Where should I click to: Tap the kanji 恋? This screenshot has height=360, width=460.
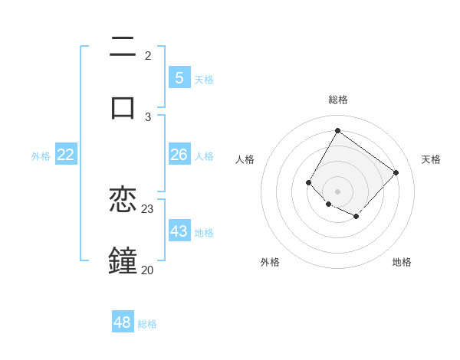tap(123, 201)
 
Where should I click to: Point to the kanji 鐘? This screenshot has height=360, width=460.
tap(123, 259)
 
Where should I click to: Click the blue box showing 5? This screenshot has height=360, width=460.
tap(179, 77)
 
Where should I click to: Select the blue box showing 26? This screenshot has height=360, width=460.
tap(179, 155)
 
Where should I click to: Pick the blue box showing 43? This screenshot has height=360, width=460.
tap(179, 231)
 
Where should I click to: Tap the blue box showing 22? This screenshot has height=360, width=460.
tap(66, 155)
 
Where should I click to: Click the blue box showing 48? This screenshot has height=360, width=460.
tap(123, 322)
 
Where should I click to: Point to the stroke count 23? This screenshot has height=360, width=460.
tap(148, 208)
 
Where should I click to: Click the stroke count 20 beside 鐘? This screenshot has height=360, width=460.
tap(147, 269)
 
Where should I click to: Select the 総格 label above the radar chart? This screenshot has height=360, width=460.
tap(337, 100)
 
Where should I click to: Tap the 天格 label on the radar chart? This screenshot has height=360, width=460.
tap(431, 159)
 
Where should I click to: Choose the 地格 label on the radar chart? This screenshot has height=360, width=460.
tap(402, 262)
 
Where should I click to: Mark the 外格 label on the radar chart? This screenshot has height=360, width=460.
tap(270, 262)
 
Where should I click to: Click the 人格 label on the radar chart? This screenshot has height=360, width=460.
tap(245, 159)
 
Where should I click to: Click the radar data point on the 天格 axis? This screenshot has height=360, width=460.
tap(396, 172)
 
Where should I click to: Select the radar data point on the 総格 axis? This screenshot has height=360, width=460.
tap(337, 130)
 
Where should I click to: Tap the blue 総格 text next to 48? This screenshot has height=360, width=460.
tap(147, 324)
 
